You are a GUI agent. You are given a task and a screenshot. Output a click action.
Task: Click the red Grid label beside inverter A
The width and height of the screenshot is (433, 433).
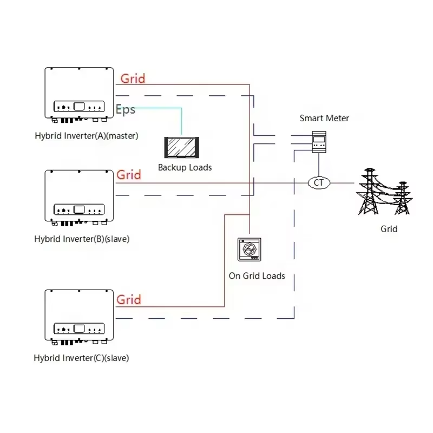[x=133, y=78]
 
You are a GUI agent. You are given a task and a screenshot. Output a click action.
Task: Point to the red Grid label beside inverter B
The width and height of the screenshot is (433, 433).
[x=129, y=175]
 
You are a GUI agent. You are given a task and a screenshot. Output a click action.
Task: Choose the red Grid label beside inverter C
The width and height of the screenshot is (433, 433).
[x=129, y=299]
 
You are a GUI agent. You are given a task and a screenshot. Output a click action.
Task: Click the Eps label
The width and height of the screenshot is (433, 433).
[x=126, y=109]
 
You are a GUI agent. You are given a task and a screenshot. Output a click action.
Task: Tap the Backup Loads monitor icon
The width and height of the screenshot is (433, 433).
[x=182, y=147]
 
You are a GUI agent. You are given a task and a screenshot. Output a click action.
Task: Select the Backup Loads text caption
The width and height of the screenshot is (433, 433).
[x=185, y=167]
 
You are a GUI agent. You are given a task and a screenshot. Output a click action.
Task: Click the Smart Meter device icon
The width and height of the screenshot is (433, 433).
[x=318, y=142]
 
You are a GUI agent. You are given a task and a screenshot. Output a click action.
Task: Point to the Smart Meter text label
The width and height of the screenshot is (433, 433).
[x=324, y=118]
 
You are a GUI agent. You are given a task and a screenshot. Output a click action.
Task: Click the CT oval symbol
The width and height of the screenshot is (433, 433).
[x=319, y=182]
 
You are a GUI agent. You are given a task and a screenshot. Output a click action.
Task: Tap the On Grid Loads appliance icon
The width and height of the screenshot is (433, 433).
[x=250, y=250]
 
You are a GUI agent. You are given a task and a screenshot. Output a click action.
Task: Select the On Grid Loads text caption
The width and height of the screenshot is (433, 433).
[x=257, y=275]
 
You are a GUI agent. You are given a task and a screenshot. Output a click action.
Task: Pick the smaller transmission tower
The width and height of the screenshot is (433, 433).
[x=401, y=198]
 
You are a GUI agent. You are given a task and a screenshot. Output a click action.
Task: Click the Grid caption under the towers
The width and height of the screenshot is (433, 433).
[x=389, y=229]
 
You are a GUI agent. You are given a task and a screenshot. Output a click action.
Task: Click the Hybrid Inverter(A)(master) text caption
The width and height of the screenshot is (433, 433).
[x=86, y=136]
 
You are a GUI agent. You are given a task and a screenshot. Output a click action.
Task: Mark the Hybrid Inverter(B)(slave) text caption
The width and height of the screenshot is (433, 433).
[x=82, y=239]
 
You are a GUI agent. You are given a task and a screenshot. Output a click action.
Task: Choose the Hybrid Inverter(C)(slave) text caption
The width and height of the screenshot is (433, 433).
[x=81, y=358]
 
